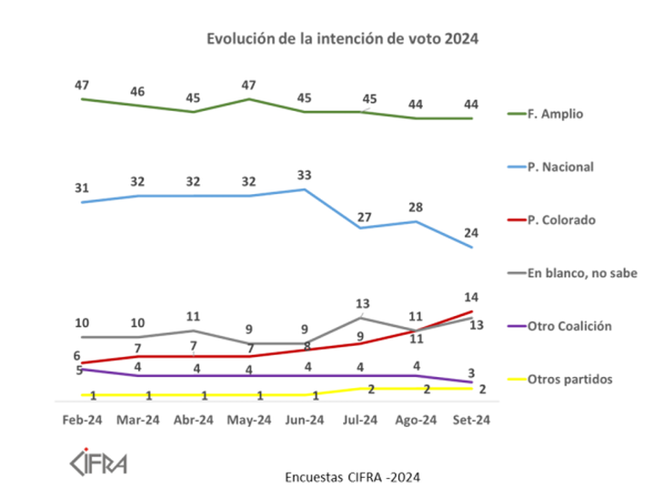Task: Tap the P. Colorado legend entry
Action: coord(561,219)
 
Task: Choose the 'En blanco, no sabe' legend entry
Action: coord(582,272)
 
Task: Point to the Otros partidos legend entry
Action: coord(569,379)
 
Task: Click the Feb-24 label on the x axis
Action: coord(83,420)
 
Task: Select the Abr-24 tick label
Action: coord(193,420)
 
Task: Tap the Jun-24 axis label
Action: coord(304,420)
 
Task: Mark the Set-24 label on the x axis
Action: coord(471,420)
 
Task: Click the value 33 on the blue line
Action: coord(305,174)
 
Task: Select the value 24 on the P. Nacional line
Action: coord(472,232)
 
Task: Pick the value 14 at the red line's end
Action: coord(472,297)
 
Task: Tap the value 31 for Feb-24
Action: coord(82,188)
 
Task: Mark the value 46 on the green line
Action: coord(137,91)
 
